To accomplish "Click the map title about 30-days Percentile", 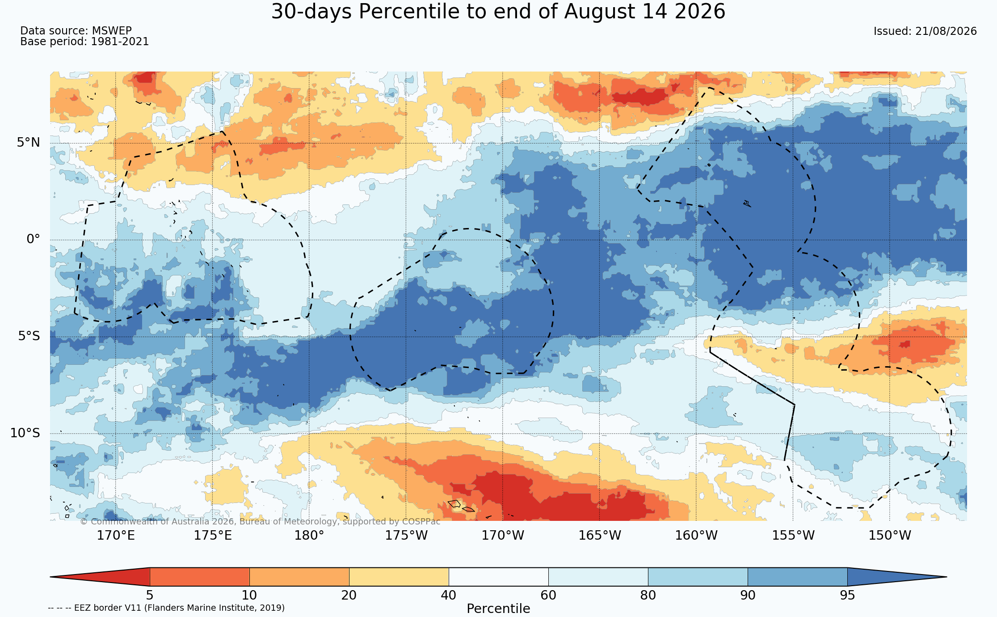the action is (498, 12).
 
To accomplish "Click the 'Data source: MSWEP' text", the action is (76, 31).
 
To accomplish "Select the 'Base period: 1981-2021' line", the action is (84, 42).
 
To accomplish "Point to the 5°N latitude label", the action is (29, 143).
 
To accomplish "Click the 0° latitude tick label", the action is (34, 239).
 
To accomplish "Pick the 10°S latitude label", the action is (25, 433).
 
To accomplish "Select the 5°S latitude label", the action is (29, 336).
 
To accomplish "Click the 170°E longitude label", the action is (116, 535).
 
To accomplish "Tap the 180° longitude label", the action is (309, 535).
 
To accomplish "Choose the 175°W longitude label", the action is (406, 535).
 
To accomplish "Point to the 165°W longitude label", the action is (600, 535).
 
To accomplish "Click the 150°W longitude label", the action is (890, 535).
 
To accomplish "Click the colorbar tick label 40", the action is (449, 596).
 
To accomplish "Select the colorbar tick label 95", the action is (847, 596).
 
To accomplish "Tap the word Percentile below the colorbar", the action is (498, 609).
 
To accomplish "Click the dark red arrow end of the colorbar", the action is (100, 577).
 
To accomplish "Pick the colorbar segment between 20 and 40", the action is (399, 577).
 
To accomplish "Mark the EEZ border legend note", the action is (166, 608).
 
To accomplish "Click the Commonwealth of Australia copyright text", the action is (260, 521).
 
